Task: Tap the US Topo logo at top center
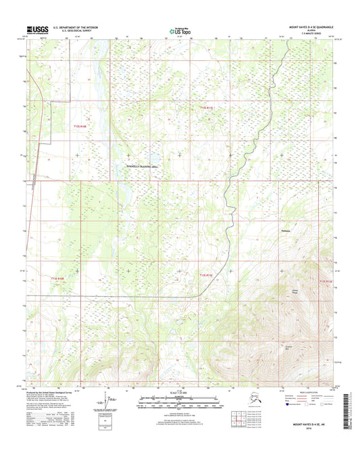click(x=179, y=30)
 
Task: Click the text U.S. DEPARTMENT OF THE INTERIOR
click(x=71, y=27)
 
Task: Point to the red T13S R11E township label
click(x=207, y=274)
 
